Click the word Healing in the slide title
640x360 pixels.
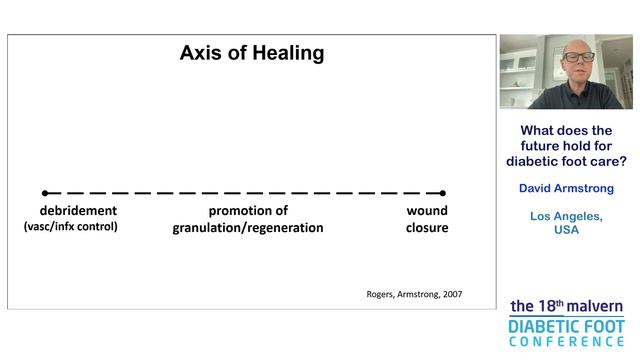(x=284, y=54)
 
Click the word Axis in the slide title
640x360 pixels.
(x=201, y=54)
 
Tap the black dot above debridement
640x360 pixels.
(x=45, y=193)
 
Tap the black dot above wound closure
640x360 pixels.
(x=442, y=193)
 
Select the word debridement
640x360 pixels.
(x=78, y=211)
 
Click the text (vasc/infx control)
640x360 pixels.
(x=71, y=227)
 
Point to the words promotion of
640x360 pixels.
(x=248, y=211)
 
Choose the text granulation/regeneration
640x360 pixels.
(x=248, y=228)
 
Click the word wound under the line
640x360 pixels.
(x=427, y=211)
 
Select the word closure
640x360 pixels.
(x=427, y=228)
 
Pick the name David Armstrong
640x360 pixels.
(x=566, y=188)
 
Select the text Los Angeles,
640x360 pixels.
(x=566, y=216)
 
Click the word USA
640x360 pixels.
(x=566, y=230)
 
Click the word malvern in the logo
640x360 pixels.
(x=595, y=306)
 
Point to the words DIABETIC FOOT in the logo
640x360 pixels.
(x=566, y=326)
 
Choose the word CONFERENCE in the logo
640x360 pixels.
(x=566, y=342)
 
